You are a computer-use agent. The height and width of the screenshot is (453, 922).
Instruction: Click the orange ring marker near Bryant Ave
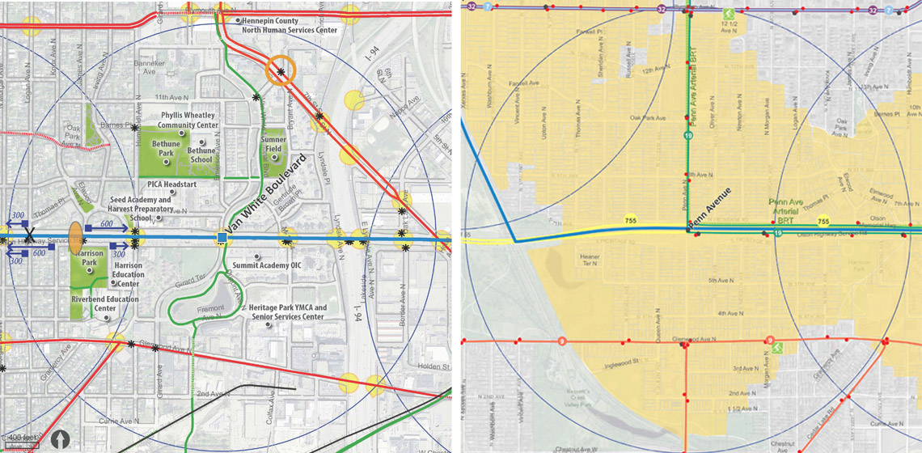(x=281, y=72)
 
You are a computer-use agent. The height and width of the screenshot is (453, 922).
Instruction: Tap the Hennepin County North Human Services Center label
(x=290, y=25)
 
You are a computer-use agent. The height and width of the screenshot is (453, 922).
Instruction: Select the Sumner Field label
(x=273, y=145)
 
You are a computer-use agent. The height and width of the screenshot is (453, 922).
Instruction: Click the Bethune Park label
(x=166, y=149)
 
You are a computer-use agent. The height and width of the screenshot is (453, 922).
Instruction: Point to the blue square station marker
(x=222, y=237)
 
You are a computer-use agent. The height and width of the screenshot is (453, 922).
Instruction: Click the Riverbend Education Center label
(x=105, y=304)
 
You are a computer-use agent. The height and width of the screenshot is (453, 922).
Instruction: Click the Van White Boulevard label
(x=267, y=194)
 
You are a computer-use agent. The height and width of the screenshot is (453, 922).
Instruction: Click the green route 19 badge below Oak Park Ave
(x=687, y=138)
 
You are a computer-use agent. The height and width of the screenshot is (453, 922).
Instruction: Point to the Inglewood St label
(x=622, y=365)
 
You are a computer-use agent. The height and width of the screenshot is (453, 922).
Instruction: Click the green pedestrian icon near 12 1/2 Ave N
(x=729, y=13)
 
